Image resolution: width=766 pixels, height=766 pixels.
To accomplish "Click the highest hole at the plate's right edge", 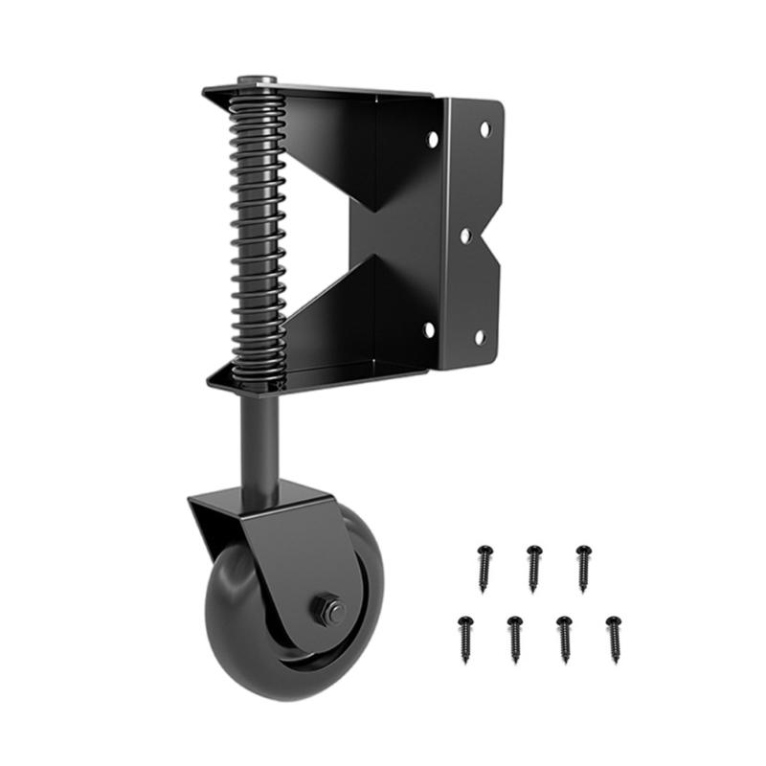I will (484, 127).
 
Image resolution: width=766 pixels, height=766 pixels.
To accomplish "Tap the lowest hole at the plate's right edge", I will (480, 336).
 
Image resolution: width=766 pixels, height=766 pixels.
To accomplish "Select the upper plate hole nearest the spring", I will (433, 139).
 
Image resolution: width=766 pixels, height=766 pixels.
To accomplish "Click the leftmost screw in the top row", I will (484, 565).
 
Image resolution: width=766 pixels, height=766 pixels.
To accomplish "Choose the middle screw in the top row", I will (533, 565).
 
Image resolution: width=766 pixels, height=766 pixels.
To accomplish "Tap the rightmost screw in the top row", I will (582, 565).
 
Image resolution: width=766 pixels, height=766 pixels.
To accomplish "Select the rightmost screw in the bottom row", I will (613, 636).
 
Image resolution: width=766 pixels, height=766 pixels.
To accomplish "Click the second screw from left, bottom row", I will (514, 636).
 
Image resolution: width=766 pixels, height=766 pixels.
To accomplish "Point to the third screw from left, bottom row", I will (564, 636).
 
